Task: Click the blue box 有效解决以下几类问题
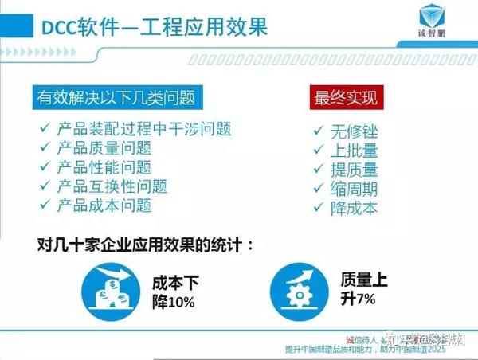[x=116, y=98]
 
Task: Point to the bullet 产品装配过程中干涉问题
[x=150, y=129]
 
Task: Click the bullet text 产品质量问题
[x=104, y=148]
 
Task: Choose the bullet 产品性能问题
[x=104, y=167]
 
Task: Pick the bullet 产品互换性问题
[x=112, y=186]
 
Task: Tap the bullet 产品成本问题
[x=104, y=205]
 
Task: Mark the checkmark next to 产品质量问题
[x=45, y=148]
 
